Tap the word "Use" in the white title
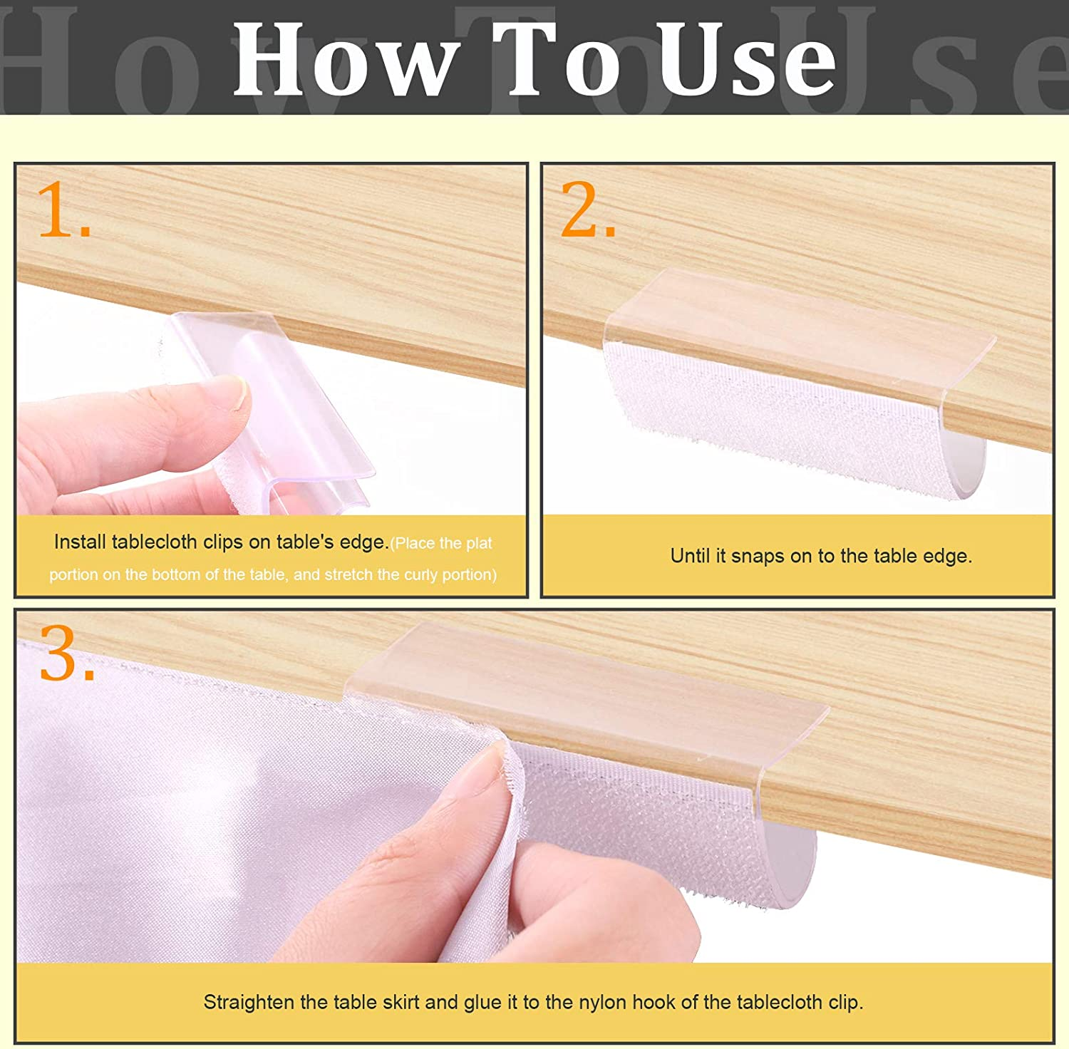tap(745, 60)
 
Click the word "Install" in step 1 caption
tap(80, 542)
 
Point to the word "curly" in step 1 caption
tap(421, 574)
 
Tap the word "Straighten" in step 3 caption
tap(249, 1003)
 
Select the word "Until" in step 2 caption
tap(690, 557)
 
